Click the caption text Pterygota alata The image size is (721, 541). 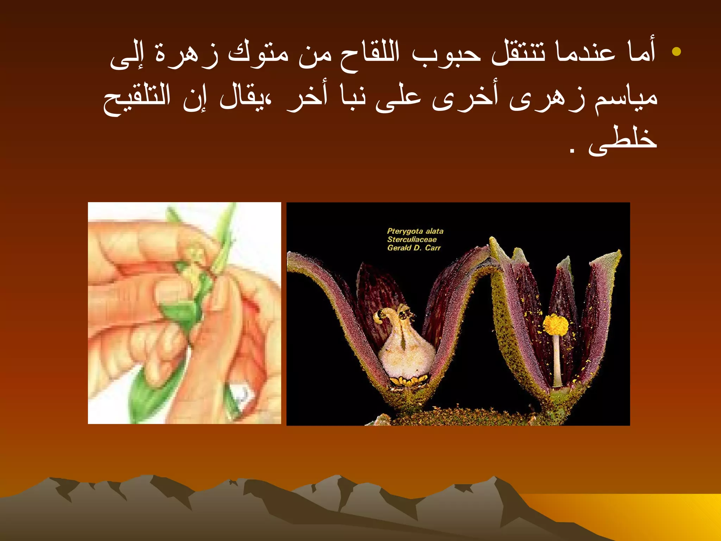(415, 231)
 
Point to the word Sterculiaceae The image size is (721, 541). (412, 240)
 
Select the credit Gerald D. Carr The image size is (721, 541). (414, 248)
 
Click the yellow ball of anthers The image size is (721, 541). (556, 324)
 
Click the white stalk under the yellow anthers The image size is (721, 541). (557, 359)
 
